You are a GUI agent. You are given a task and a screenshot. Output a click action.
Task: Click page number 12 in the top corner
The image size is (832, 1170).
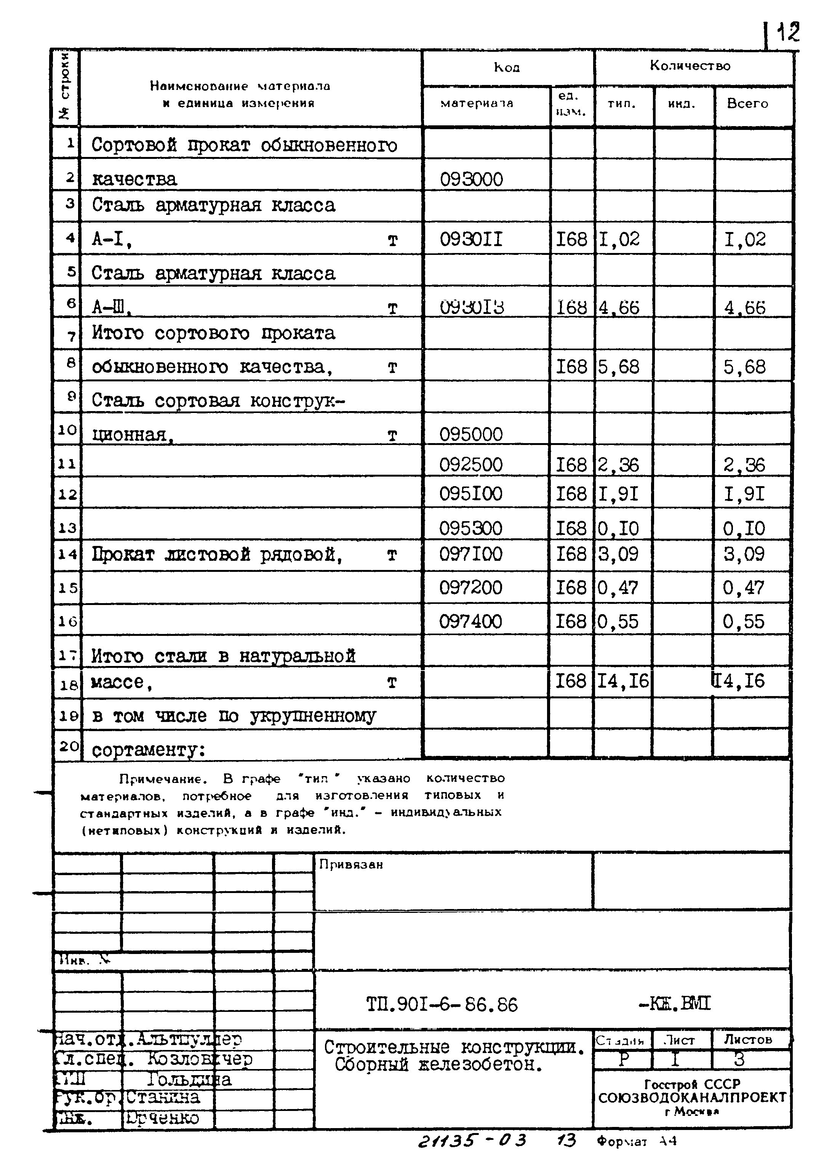(x=787, y=33)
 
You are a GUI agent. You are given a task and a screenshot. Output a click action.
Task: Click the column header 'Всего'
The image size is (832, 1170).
(x=747, y=104)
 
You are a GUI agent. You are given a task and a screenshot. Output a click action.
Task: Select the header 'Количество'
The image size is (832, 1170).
(x=690, y=66)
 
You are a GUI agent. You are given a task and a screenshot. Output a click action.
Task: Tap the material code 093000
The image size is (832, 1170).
(x=471, y=179)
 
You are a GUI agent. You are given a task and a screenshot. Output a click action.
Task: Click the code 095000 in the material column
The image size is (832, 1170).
(x=471, y=434)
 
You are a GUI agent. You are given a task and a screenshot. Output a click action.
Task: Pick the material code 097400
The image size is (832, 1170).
(x=470, y=621)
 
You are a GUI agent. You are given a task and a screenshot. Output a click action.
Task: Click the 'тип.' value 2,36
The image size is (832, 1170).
(x=618, y=465)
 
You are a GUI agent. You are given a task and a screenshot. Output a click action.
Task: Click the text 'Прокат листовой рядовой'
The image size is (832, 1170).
(x=217, y=554)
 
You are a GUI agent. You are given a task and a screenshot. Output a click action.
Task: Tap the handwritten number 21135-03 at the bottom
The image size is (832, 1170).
(x=471, y=1141)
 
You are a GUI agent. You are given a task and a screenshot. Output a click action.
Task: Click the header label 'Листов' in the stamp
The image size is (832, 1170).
(x=747, y=1039)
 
